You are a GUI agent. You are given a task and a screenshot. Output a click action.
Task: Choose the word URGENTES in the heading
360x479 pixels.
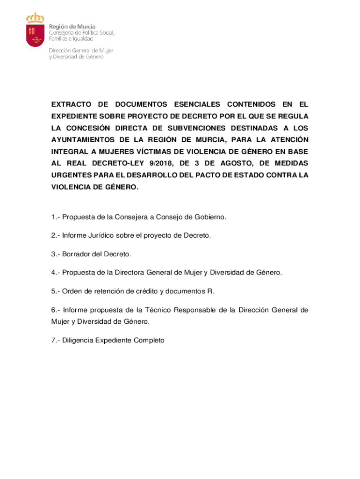pos(70,175)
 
